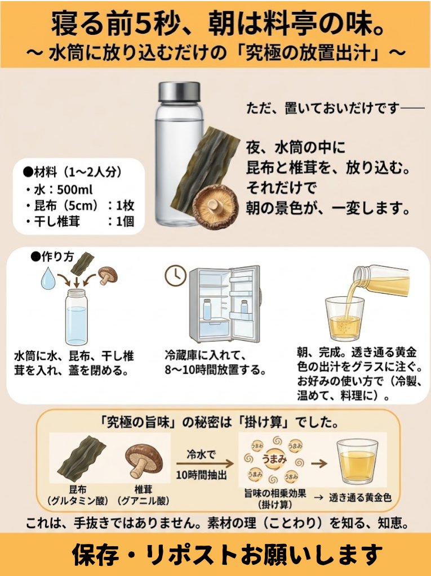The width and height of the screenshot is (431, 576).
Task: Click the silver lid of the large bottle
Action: (x=179, y=92)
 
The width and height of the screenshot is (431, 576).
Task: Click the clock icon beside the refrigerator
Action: (x=175, y=275)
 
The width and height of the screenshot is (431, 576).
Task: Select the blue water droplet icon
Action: (x=48, y=278)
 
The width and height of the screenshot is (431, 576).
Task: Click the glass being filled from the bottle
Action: (x=344, y=318)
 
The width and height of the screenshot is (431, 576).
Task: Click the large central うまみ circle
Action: (x=274, y=459)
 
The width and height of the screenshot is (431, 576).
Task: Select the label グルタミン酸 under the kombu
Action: (x=78, y=500)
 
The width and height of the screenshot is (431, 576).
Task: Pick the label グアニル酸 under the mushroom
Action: (x=143, y=500)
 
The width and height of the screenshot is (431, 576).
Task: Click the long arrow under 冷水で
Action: (x=205, y=463)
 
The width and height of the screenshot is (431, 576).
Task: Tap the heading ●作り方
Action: (x=52, y=256)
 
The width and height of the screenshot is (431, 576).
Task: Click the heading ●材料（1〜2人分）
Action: (x=72, y=172)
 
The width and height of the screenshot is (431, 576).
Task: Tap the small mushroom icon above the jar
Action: (x=108, y=275)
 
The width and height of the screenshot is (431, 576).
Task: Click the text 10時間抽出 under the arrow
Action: (x=201, y=475)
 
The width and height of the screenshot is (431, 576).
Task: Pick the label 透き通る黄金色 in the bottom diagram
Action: (x=360, y=498)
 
